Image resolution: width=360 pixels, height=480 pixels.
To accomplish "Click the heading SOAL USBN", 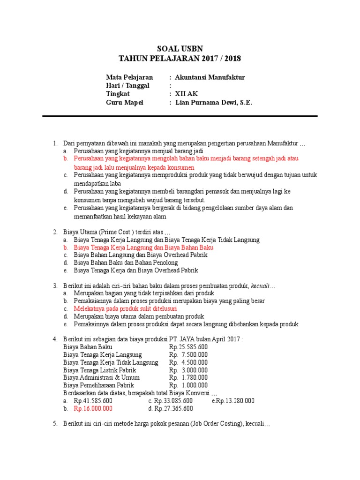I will pos(180,49).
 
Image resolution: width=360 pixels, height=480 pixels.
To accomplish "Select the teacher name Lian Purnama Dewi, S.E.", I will pos(213,103).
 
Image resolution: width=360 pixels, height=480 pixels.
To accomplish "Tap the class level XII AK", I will pos(186,94).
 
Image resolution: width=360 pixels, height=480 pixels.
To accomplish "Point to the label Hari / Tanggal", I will pos(127,86).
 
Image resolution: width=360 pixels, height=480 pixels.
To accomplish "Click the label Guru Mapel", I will pos(125,103).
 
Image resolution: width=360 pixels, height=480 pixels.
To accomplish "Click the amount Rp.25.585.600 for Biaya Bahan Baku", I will pos(188,347).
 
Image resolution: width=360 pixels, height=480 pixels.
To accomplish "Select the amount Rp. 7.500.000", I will pos(188,354).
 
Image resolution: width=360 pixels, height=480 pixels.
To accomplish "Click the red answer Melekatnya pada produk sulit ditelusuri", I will pos(125,309).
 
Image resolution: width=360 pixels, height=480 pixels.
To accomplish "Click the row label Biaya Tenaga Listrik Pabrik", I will pos(100,370).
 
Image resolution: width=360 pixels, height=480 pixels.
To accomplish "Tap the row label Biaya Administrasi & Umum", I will pos(101,377).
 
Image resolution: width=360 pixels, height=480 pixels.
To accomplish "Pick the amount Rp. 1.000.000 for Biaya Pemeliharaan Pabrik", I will pos(188,385).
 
